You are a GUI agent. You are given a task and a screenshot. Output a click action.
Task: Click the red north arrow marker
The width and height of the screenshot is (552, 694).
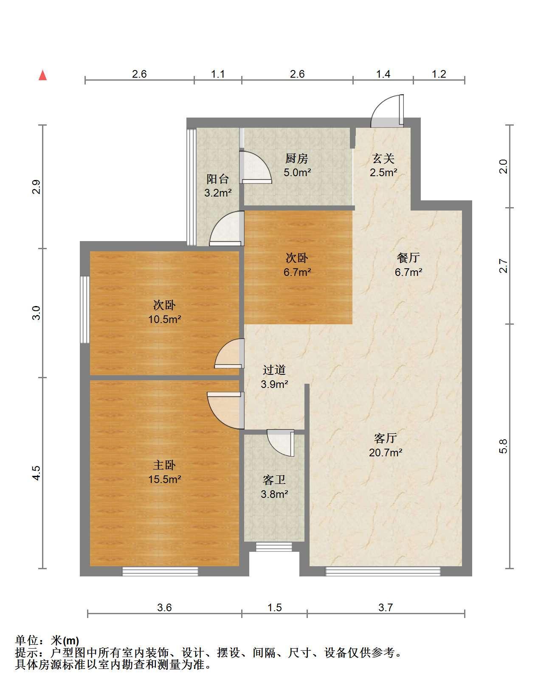tap(42, 75)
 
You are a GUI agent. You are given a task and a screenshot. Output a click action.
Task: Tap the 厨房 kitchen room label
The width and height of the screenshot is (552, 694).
tap(296, 158)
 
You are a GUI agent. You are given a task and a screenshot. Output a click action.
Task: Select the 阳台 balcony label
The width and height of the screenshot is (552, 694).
tap(218, 179)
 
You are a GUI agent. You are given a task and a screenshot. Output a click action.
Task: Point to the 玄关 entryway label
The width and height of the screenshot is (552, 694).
tap(383, 158)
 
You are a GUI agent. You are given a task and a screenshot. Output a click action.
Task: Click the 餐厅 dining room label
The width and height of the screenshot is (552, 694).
tap(408, 258)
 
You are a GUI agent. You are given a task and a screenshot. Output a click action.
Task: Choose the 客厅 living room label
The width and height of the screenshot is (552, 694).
tap(385, 438)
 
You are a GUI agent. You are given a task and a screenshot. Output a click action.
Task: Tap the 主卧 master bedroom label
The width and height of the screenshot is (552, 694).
tap(164, 465)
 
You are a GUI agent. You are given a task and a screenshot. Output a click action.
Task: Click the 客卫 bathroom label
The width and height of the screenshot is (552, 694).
tap(274, 480)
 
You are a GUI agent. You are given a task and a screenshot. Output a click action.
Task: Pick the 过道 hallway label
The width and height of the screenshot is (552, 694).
tap(274, 370)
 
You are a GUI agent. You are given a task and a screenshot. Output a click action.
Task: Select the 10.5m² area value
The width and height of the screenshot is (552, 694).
tap(164, 319)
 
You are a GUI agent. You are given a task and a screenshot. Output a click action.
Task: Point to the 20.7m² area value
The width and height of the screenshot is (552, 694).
tap(386, 452)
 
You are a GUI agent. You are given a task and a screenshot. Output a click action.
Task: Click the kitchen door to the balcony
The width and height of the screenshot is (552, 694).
tap(256, 167)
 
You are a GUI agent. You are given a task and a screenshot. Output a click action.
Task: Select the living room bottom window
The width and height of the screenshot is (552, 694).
tap(383, 571)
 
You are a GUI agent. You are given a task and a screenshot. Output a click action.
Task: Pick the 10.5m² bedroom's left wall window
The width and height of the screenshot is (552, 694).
tap(84, 309)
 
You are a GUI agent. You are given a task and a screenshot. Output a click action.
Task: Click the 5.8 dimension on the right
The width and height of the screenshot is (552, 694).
tap(503, 447)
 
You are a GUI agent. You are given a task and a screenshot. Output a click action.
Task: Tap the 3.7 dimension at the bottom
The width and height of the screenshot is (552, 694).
tap(385, 607)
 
